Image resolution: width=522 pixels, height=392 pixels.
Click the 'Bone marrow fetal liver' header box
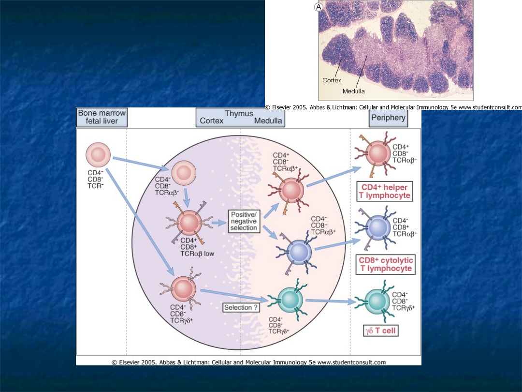click(102, 117)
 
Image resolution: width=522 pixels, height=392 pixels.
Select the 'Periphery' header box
click(388, 118)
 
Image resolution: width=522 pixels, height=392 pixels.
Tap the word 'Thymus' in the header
click(239, 114)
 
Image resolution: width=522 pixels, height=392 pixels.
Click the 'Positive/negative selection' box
click(244, 221)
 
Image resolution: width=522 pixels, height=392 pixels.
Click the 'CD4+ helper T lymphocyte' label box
click(385, 191)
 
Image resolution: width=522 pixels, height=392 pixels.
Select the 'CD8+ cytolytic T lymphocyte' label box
click(386, 264)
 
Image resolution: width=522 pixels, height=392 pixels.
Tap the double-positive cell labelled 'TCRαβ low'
click(188, 224)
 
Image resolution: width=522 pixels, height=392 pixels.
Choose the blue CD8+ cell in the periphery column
click(377, 226)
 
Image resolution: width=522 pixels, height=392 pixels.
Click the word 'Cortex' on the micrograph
click(332, 80)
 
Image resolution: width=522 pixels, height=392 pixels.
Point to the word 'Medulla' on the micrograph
click(353, 91)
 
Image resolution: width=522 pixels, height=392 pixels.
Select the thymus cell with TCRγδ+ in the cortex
click(183, 289)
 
